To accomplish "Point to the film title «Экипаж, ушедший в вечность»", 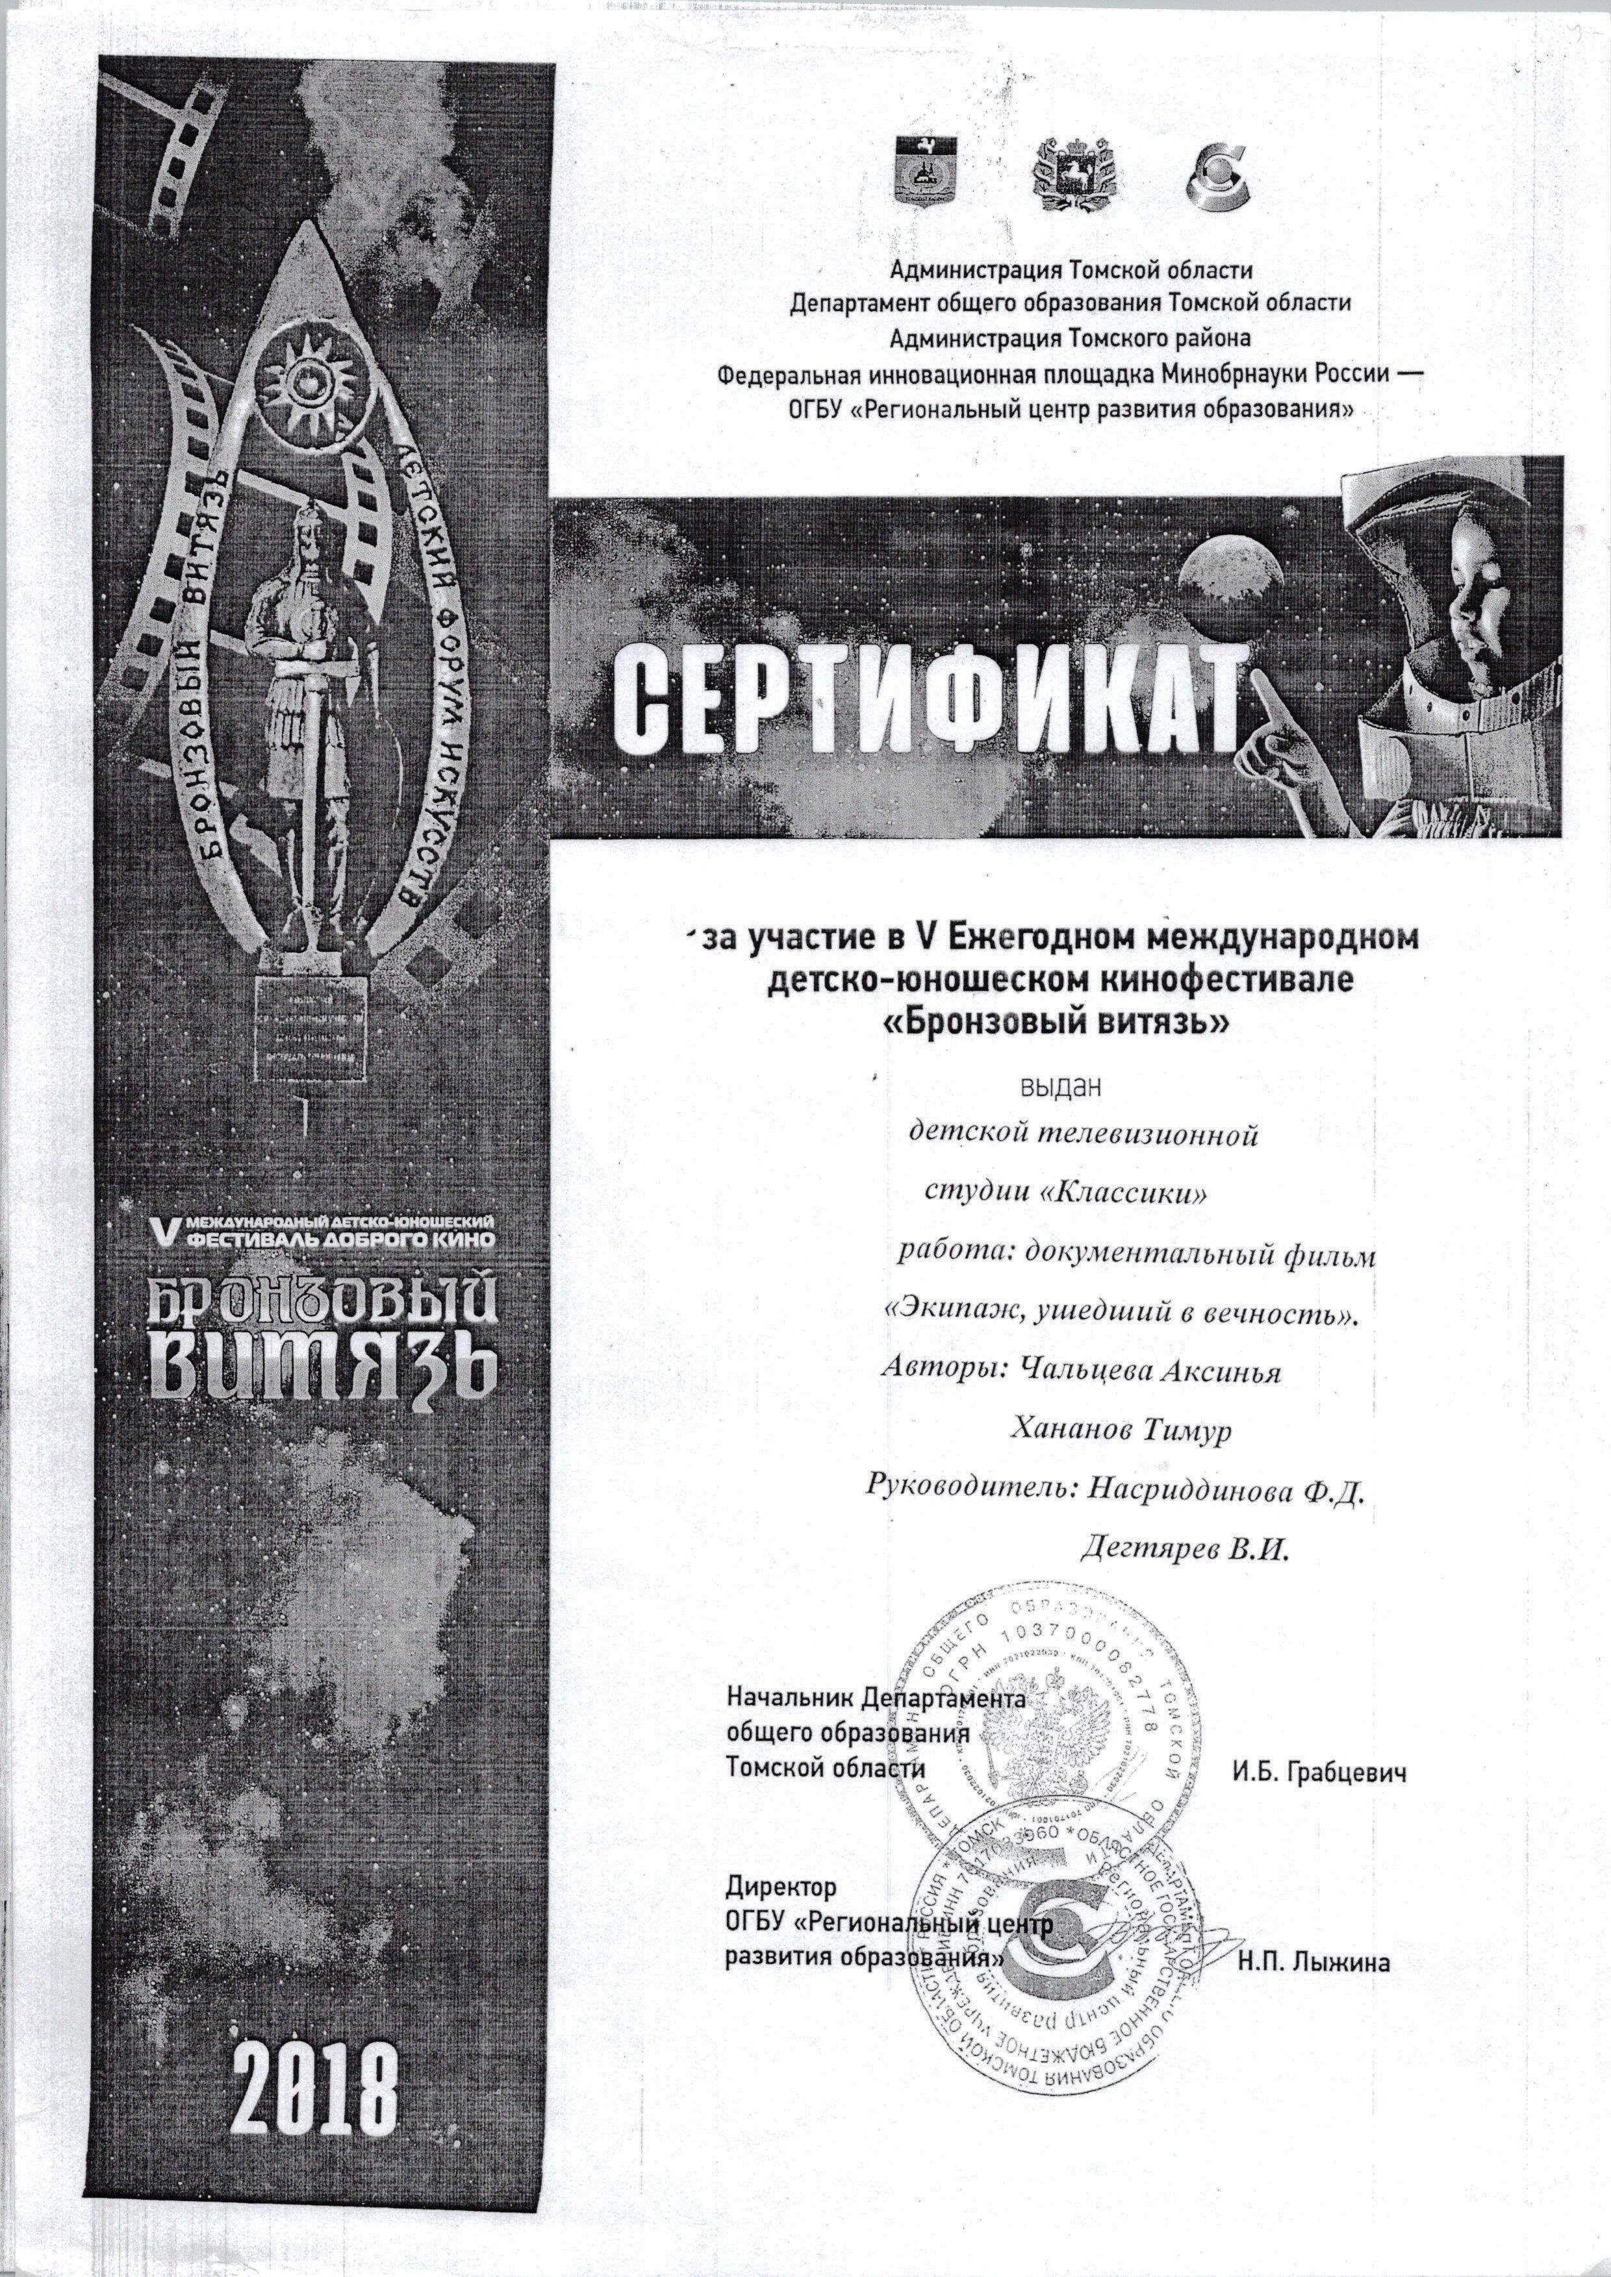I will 1120,1313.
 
